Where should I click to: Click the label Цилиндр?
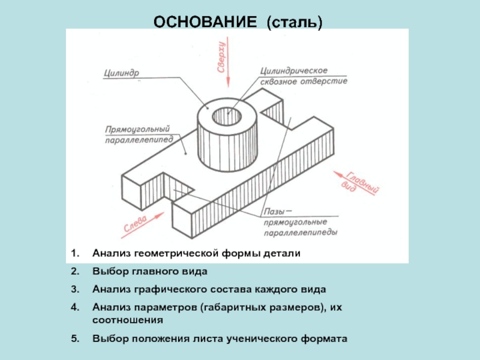(x=122, y=73)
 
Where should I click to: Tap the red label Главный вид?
(x=359, y=183)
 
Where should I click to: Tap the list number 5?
(x=74, y=339)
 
